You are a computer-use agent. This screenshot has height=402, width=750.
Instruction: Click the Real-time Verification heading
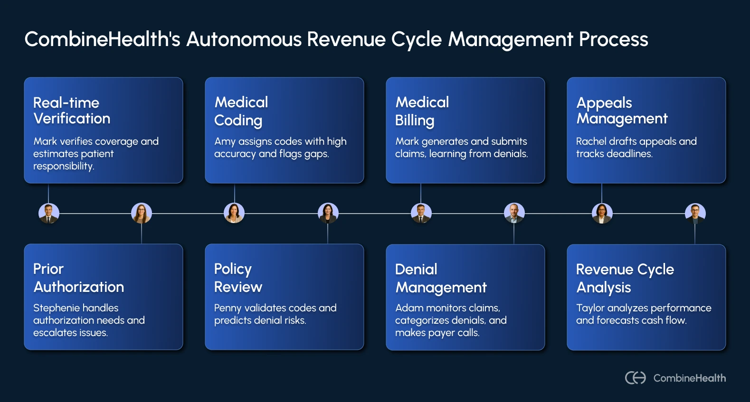point(71,110)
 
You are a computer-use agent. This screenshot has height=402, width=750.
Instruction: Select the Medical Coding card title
point(241,111)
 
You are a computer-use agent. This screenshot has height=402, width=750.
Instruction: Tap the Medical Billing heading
point(422,111)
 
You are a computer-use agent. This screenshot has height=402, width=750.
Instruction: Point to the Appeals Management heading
point(621,110)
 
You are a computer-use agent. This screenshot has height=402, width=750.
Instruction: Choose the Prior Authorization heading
point(78,278)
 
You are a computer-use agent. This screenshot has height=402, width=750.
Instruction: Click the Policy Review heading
point(237,278)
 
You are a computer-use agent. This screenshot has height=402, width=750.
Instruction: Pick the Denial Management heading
point(440,278)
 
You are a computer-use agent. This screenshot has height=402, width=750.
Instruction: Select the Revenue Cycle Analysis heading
point(624,278)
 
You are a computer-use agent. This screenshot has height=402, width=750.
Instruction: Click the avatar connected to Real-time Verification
point(49,213)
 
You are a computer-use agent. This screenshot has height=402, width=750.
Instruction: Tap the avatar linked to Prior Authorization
point(142,213)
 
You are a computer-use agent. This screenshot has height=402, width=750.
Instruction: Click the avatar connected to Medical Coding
point(234,213)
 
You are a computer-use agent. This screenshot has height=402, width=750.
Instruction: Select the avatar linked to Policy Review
point(328,213)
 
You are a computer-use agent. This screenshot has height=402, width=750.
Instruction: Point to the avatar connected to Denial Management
point(514,213)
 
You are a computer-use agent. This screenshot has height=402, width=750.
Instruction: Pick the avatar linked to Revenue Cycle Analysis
point(695,213)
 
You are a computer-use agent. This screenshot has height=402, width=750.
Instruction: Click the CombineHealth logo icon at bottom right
point(636,378)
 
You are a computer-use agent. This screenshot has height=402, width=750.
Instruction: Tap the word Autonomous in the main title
point(244,39)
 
